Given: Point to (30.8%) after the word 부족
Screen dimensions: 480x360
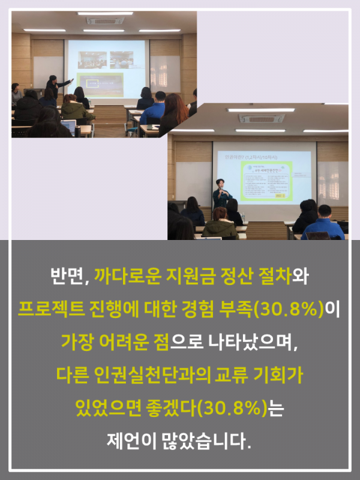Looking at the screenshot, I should click(x=289, y=309).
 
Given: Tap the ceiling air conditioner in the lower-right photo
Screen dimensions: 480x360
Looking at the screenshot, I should click(x=261, y=118).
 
